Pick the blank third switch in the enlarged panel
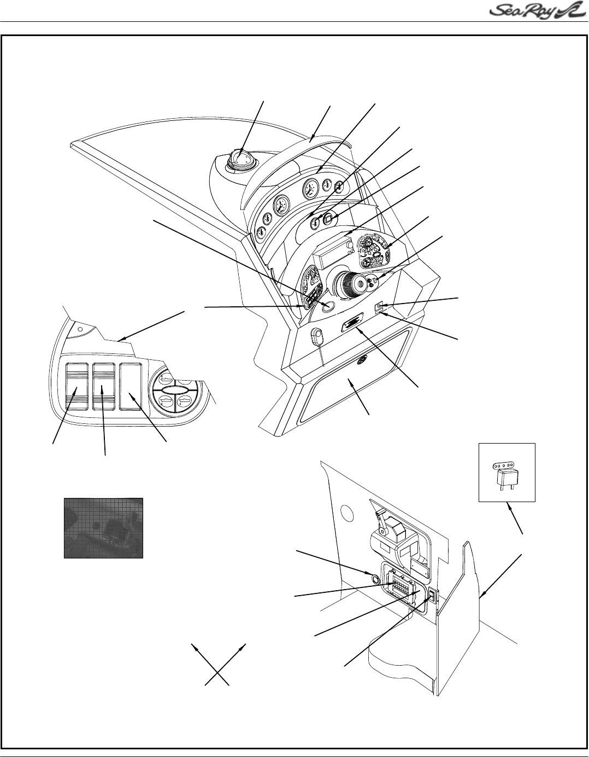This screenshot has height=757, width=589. (130, 386)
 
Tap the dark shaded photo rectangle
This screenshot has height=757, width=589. (103, 528)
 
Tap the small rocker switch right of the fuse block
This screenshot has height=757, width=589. (432, 595)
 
